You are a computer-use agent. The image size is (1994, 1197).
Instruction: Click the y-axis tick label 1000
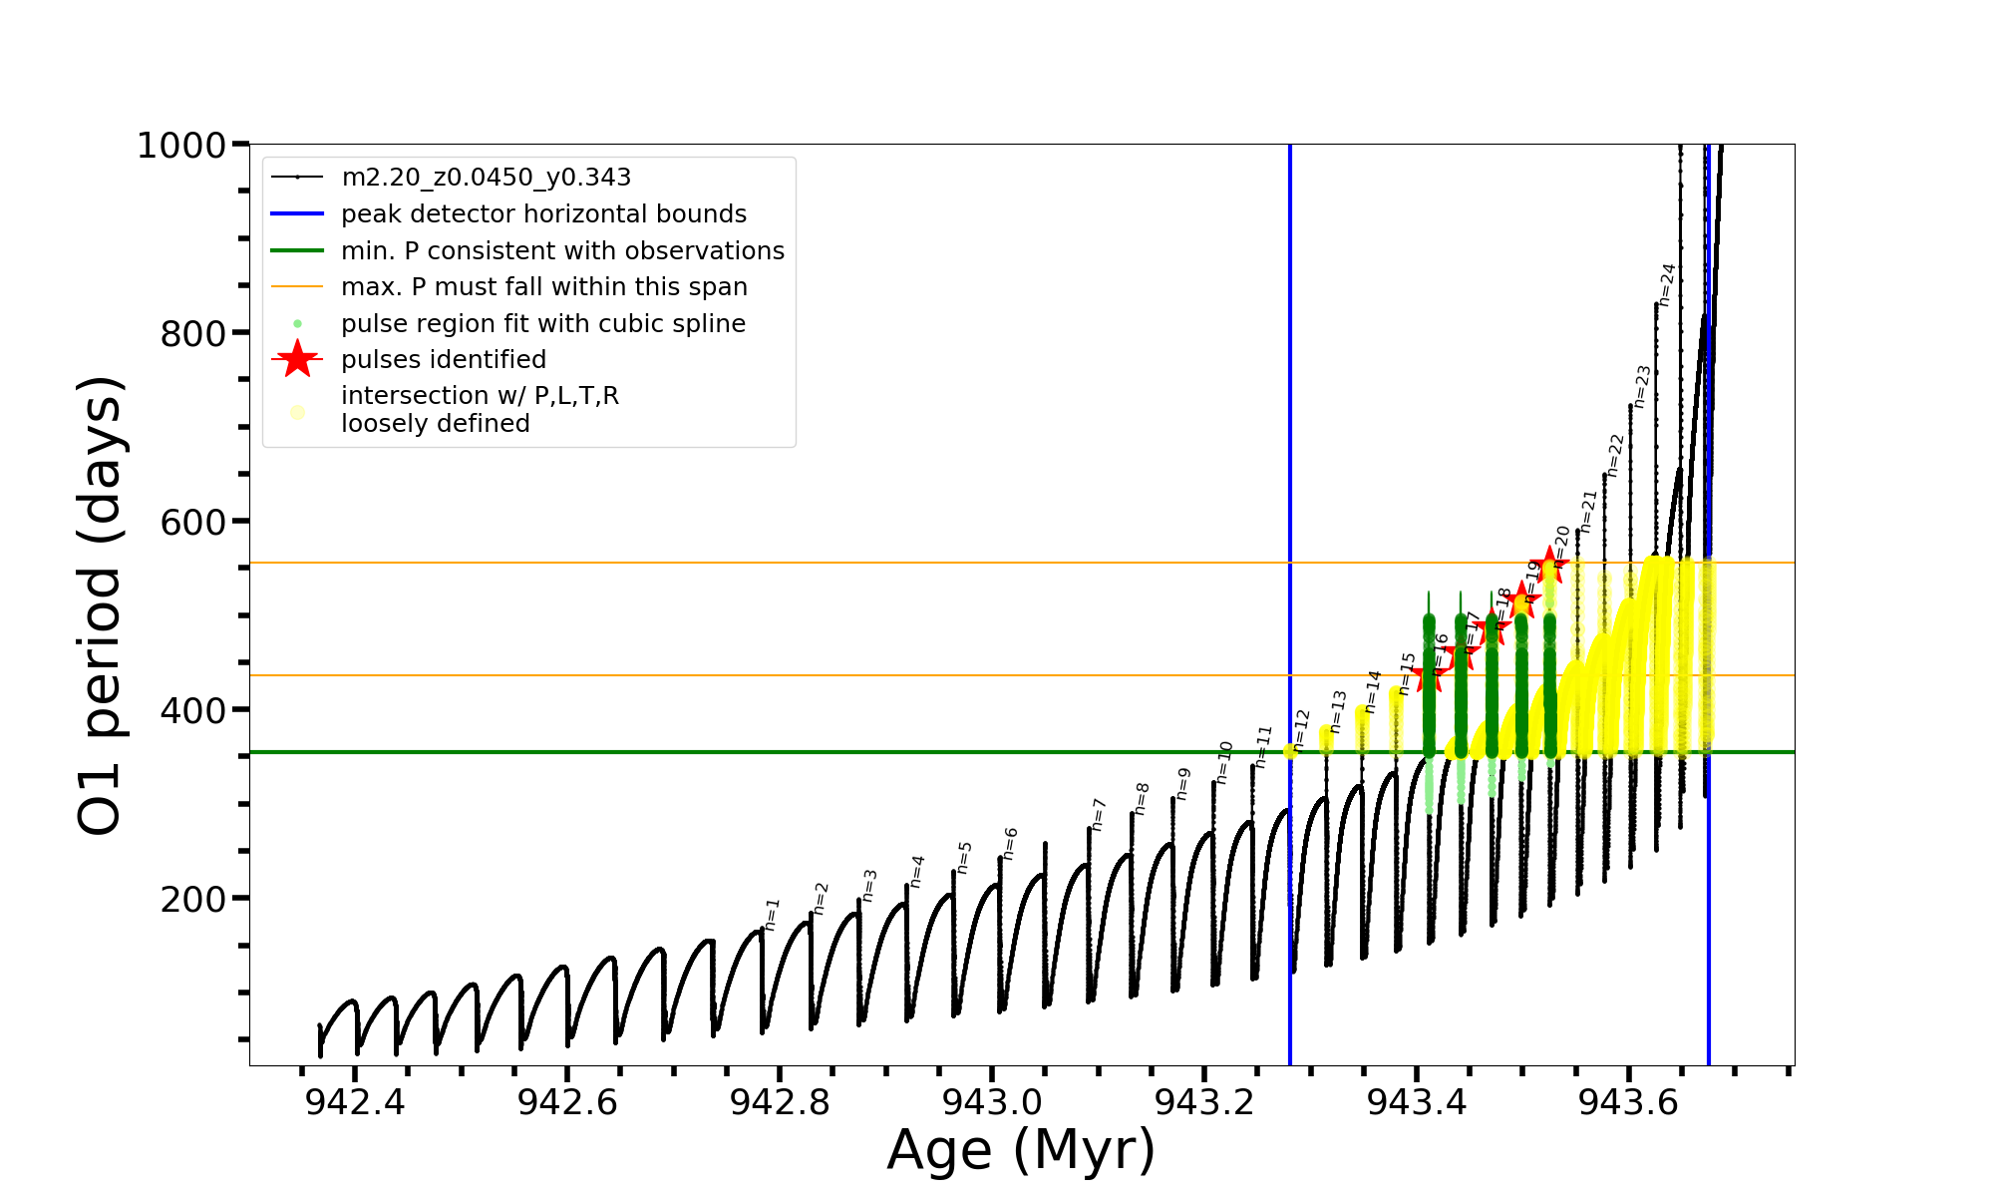(181, 146)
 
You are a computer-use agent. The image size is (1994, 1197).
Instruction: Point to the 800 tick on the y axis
(193, 334)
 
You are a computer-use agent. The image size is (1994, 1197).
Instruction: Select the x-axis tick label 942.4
(355, 1102)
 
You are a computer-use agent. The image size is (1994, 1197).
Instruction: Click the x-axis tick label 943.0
(992, 1102)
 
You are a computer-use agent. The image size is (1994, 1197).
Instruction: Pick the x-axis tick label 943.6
(1629, 1102)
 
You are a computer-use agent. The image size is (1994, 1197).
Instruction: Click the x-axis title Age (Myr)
(1021, 1150)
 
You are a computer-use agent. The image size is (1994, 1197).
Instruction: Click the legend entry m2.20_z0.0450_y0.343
(486, 178)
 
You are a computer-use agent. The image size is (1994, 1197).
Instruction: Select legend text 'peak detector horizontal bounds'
(543, 214)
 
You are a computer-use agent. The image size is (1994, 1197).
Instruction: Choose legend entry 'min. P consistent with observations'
(562, 251)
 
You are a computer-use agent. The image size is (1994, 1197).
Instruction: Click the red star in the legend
(297, 359)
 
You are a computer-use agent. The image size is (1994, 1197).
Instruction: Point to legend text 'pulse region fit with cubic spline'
(542, 324)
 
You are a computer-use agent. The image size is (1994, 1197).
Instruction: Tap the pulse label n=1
(773, 914)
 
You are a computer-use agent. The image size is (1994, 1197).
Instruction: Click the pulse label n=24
(1667, 284)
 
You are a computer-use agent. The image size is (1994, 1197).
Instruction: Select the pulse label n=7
(1099, 814)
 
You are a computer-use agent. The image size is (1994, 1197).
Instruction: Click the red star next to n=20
(1549, 566)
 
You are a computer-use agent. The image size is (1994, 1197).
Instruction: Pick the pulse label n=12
(1301, 729)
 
